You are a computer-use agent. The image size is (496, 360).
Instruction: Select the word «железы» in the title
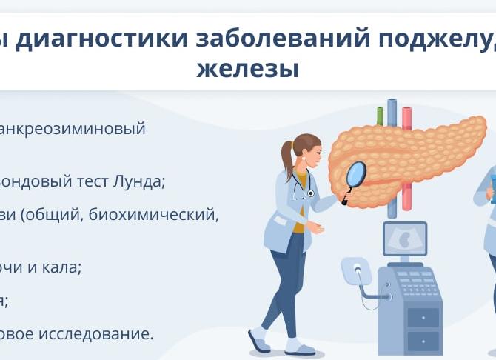coord(248,69)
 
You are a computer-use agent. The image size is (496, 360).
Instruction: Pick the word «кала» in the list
coord(61,267)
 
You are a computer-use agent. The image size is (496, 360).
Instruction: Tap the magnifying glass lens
coord(356,175)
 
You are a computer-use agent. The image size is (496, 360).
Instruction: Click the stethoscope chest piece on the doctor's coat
coord(311,193)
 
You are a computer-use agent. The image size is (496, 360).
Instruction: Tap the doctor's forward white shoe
coord(299,346)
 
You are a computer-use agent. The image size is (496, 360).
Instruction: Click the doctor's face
coord(312,153)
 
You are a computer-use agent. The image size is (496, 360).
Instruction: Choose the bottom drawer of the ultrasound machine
coord(423,341)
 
